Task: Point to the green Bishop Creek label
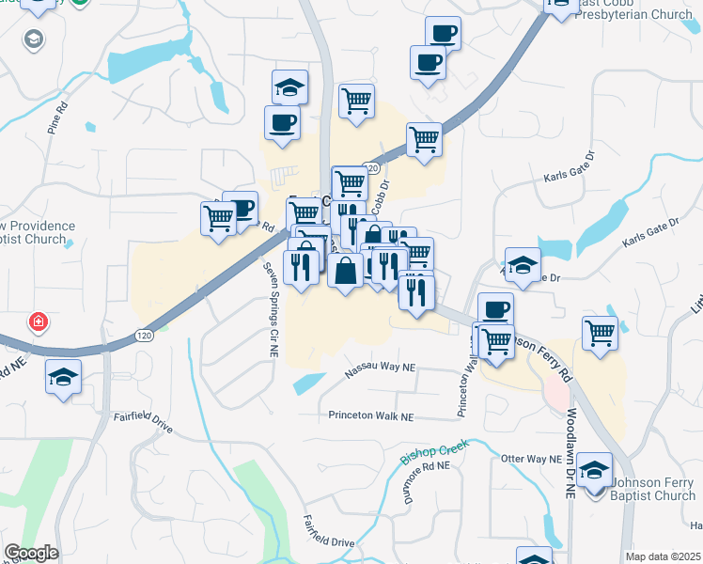point(434,454)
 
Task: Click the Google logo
point(31,553)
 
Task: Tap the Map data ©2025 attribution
point(663,556)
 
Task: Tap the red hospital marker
point(38,322)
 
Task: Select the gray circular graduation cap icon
point(35,40)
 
